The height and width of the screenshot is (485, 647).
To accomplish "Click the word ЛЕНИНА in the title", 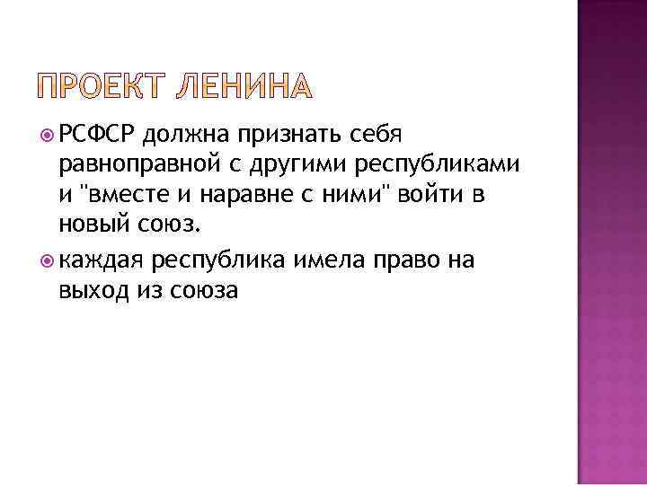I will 247,87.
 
